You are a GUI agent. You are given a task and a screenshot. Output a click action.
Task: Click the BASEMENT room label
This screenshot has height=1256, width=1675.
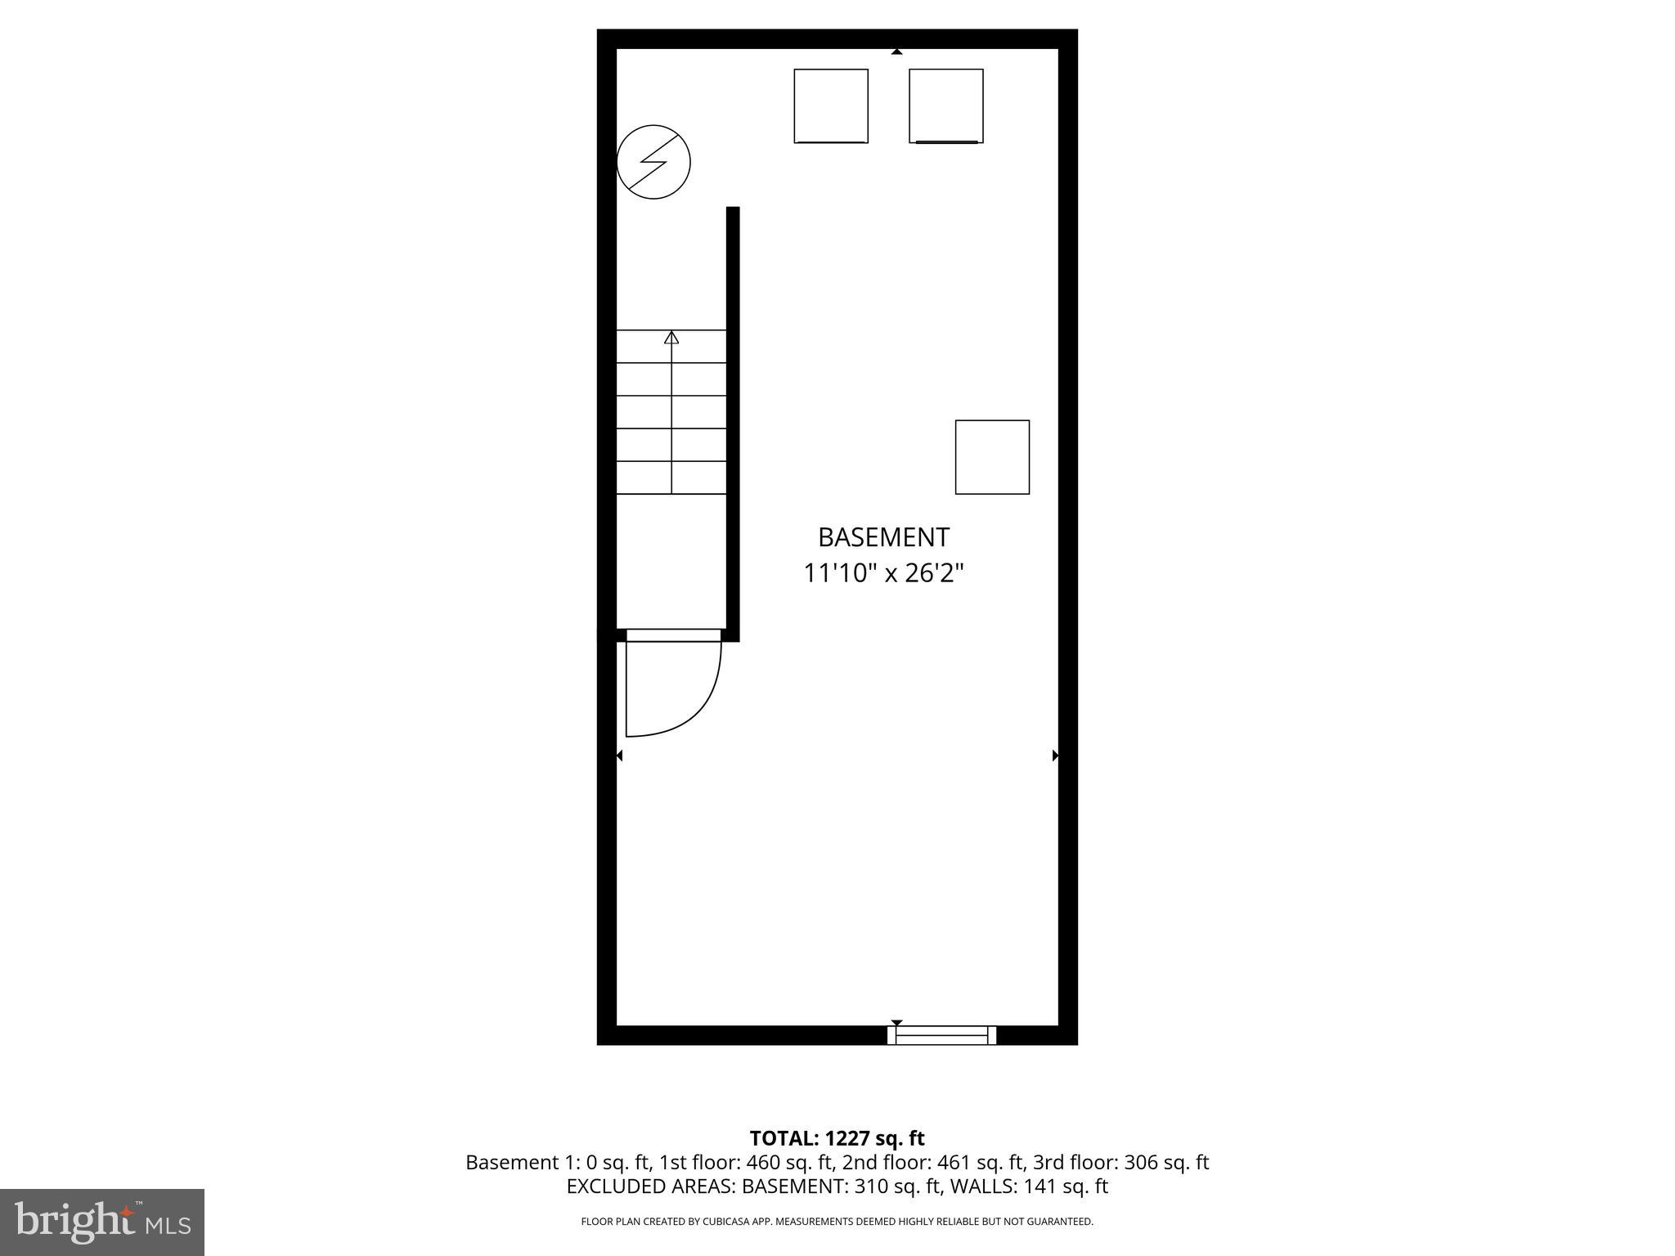(x=883, y=537)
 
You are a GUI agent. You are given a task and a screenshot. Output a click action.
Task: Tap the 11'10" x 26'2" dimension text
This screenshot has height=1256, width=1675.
(x=883, y=573)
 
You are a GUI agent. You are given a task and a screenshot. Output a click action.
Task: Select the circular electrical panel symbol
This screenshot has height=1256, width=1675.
(x=653, y=162)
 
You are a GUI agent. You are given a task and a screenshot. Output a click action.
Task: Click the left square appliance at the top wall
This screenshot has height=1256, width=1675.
(x=831, y=106)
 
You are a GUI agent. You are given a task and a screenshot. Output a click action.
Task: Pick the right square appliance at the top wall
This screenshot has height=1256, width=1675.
(x=946, y=106)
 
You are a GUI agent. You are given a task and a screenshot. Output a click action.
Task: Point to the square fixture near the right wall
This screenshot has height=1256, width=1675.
(x=992, y=457)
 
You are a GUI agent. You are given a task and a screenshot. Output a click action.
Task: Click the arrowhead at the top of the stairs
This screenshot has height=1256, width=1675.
(x=671, y=337)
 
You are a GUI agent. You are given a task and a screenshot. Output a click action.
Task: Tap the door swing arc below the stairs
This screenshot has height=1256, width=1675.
(x=695, y=703)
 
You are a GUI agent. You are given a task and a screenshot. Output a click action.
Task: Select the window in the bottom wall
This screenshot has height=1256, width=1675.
(x=941, y=1035)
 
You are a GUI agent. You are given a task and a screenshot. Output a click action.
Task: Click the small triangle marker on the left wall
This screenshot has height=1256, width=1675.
(x=619, y=756)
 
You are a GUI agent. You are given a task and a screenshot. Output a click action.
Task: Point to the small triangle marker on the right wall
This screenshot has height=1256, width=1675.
(x=1055, y=756)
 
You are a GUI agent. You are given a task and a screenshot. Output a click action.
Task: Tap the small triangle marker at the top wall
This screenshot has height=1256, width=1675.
(x=896, y=52)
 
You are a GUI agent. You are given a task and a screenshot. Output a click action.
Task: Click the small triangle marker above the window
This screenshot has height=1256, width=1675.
(x=896, y=1022)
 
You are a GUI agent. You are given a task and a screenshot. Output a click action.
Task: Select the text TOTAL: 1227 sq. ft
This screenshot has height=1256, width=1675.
(x=837, y=1138)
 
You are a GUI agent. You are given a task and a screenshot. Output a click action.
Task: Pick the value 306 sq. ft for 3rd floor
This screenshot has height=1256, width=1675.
(x=1166, y=1162)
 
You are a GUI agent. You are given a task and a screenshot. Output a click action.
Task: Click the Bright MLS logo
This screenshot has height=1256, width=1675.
(x=102, y=1222)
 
